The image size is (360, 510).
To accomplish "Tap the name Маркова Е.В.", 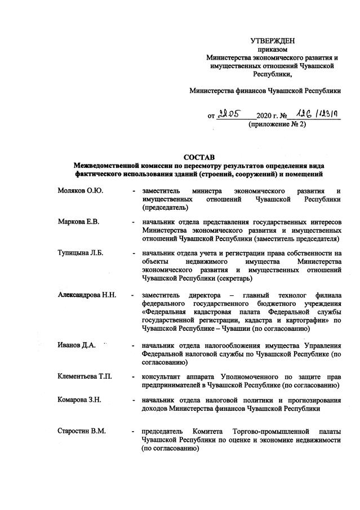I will coord(78,221).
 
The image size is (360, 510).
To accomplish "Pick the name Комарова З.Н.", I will coord(79,400).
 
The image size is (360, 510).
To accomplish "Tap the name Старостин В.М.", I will coord(82,432).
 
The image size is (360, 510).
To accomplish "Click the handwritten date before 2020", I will coord(231,114).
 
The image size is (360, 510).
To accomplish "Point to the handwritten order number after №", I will coord(310,114).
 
